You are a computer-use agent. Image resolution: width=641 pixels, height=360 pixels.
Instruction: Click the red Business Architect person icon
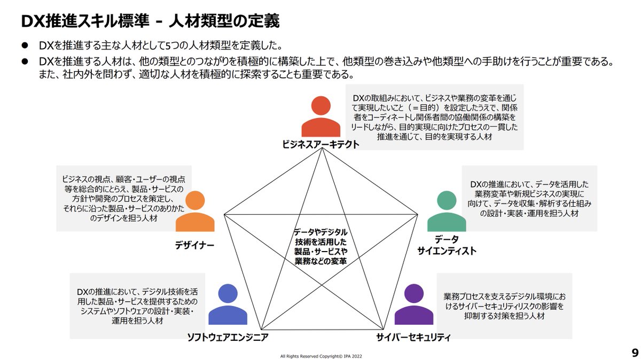click(320, 118)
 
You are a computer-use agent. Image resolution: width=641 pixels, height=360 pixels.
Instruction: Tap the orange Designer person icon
click(195, 212)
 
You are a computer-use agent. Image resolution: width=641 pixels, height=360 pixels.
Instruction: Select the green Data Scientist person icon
click(447, 212)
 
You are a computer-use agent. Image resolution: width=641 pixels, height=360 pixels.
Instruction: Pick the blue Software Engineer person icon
click(228, 305)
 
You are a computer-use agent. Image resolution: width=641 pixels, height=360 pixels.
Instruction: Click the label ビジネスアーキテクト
click(320, 145)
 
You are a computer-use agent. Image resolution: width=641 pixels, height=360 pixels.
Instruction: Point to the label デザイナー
click(194, 245)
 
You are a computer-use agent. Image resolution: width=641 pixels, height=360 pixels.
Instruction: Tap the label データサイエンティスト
click(447, 245)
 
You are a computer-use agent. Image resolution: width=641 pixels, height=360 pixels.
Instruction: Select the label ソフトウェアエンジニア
click(228, 337)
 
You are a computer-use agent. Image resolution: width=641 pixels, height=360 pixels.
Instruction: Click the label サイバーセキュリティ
click(413, 337)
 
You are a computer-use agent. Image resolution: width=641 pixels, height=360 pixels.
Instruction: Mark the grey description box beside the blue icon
click(137, 306)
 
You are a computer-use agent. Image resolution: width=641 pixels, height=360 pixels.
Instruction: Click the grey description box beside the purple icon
click(504, 305)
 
